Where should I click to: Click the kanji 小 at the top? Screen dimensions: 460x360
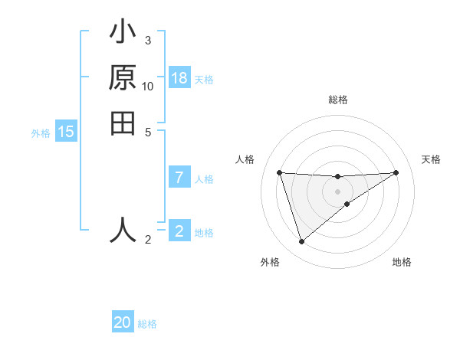123,34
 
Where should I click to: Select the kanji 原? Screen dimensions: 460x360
123,79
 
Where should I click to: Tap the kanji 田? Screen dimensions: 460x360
123,123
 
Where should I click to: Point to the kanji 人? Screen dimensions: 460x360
123,230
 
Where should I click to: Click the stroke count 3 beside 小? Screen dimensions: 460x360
147,40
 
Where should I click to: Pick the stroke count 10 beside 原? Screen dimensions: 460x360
148,86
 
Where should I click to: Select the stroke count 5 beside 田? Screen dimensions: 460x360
147,131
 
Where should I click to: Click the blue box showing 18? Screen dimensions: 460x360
179,78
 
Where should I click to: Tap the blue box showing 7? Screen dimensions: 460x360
179,178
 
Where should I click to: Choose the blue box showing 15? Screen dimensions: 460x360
66,133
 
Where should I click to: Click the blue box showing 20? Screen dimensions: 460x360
123,323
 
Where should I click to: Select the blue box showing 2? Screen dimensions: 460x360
179,231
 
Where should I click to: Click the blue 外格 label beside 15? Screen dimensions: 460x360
41,133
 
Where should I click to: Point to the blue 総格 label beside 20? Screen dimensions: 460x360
147,324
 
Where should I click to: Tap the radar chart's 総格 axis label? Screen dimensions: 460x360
338,100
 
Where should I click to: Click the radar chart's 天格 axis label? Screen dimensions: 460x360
431,159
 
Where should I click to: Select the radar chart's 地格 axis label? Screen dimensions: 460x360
402,262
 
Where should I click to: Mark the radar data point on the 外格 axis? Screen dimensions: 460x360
301,242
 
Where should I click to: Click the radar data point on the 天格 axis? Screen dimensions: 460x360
396,172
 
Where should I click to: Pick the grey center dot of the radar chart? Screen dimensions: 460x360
337,191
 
